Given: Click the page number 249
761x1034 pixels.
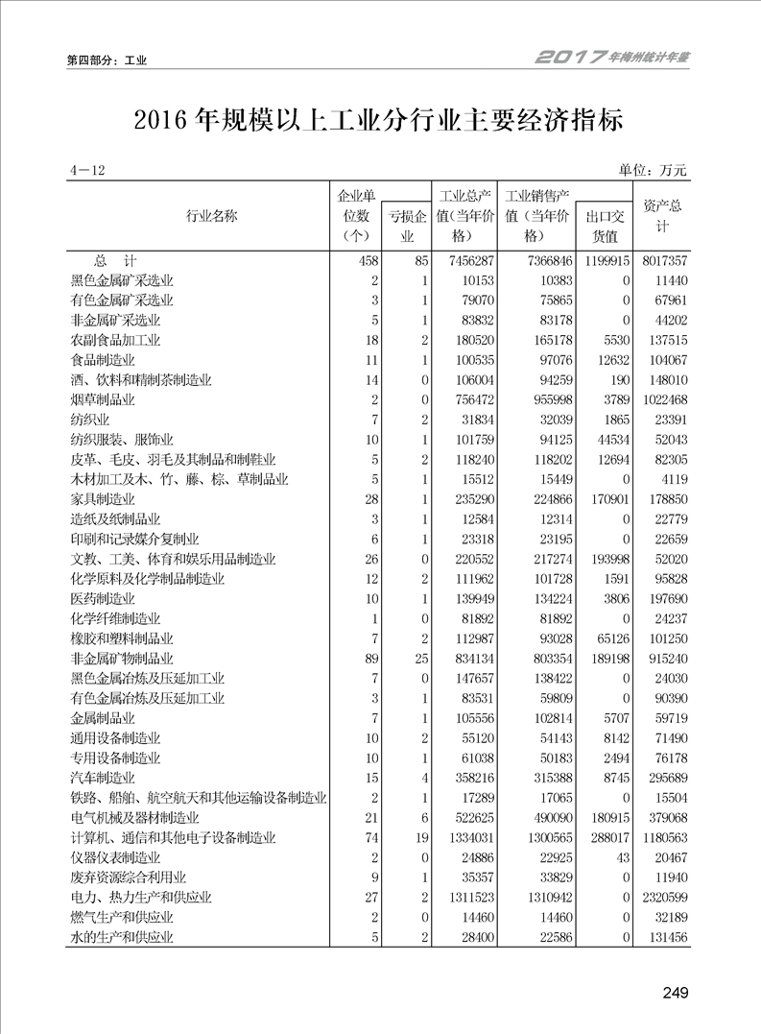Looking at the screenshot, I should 676,992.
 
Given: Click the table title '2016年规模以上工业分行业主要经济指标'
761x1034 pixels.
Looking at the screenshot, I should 379,121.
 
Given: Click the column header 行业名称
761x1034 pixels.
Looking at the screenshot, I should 211,216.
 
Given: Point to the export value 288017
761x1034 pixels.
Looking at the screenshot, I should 606,837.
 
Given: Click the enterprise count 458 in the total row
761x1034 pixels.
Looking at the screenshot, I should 369,261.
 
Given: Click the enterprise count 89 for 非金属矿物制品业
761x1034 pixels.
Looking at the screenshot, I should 372,659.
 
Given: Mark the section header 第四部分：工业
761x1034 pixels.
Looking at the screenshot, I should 107,60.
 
